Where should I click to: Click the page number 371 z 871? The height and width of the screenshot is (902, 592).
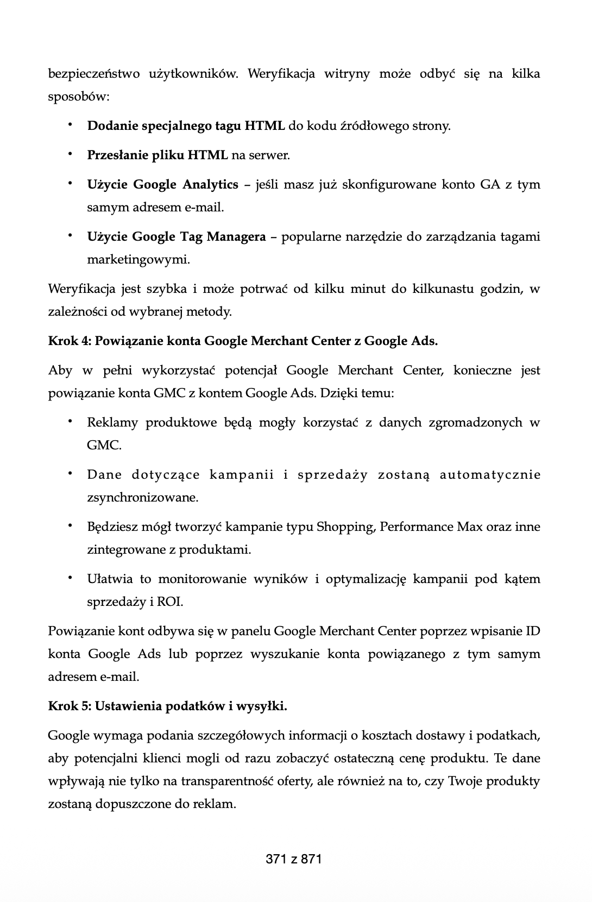[294, 859]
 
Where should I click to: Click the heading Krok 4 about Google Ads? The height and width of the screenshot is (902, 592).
[243, 341]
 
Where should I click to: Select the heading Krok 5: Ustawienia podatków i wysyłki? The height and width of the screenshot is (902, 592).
[167, 706]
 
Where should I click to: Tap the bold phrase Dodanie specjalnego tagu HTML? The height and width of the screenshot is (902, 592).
[186, 126]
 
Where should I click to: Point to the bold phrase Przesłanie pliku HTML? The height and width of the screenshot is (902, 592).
[157, 155]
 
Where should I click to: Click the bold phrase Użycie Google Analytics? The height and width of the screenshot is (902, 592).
[162, 185]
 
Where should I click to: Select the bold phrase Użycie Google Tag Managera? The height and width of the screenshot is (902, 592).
[177, 237]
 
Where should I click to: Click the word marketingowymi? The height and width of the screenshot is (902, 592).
[138, 260]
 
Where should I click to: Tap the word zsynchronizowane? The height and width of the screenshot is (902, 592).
[142, 498]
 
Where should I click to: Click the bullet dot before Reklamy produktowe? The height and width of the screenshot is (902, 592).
[70, 421]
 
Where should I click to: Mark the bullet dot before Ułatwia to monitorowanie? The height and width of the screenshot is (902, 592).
[70, 577]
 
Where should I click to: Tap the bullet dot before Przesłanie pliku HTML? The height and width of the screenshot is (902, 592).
[70, 154]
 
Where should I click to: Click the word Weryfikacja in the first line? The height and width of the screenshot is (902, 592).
[281, 74]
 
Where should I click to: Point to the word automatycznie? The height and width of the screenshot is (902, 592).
[490, 475]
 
